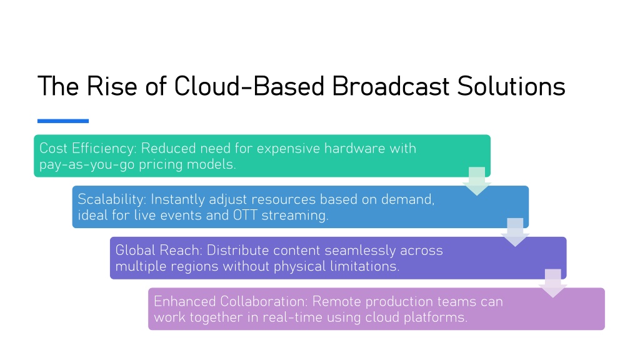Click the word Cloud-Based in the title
click(249, 86)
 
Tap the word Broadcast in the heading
click(391, 86)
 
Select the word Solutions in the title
click(511, 86)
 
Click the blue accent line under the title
click(63, 121)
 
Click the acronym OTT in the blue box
click(245, 215)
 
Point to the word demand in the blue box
click(407, 199)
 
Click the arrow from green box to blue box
click(477, 181)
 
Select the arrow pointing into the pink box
click(553, 283)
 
